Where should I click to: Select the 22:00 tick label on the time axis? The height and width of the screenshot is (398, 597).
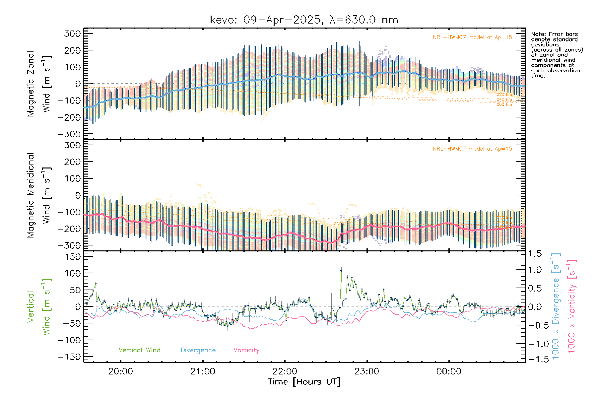click(x=285, y=371)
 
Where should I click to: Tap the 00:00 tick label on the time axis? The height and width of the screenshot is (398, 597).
click(x=449, y=371)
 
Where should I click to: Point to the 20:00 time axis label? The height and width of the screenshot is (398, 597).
click(x=121, y=371)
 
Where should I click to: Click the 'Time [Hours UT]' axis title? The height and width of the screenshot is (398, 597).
click(x=304, y=382)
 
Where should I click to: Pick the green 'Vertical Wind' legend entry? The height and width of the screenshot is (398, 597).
click(x=139, y=350)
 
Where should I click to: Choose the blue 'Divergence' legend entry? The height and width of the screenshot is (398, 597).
click(x=198, y=350)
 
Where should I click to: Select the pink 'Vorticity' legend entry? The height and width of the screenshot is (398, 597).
click(x=246, y=350)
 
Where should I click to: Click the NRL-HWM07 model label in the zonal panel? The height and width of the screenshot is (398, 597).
click(x=472, y=37)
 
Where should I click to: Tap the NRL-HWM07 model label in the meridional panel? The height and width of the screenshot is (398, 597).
click(x=472, y=149)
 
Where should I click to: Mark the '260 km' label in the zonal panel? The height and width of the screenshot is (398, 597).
click(x=504, y=104)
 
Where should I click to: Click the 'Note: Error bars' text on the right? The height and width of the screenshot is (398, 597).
click(x=554, y=34)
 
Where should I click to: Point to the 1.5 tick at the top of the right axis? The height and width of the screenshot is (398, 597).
click(x=535, y=254)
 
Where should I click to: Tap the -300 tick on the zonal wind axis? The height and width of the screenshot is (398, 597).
click(x=69, y=134)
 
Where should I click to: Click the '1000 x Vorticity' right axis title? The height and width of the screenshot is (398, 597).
click(x=572, y=306)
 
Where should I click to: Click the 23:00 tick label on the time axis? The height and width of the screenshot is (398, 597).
click(x=367, y=371)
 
